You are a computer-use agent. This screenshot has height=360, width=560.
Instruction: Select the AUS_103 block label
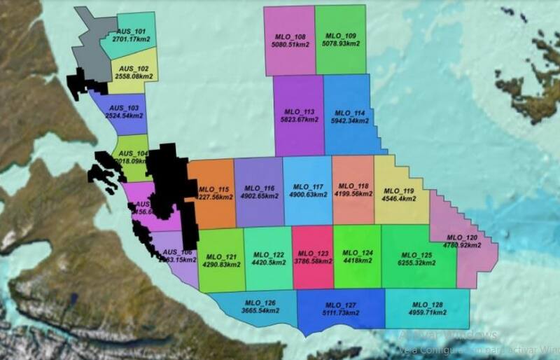coord(124,109)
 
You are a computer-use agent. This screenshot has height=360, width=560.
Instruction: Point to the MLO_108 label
coord(290,36)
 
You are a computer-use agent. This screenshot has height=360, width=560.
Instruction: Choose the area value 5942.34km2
coord(349,120)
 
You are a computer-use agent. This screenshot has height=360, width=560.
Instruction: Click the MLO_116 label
coord(260,188)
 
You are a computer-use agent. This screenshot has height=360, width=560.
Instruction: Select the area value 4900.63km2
coord(308,195)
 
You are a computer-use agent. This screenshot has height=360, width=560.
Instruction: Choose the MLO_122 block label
coord(268,255)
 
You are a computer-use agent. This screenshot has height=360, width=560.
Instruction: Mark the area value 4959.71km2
coord(427,312)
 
